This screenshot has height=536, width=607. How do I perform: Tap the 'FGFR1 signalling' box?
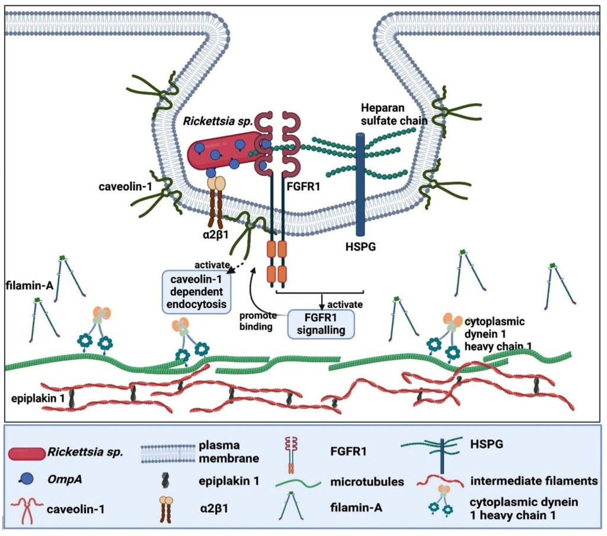pyautogui.click(x=321, y=323)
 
